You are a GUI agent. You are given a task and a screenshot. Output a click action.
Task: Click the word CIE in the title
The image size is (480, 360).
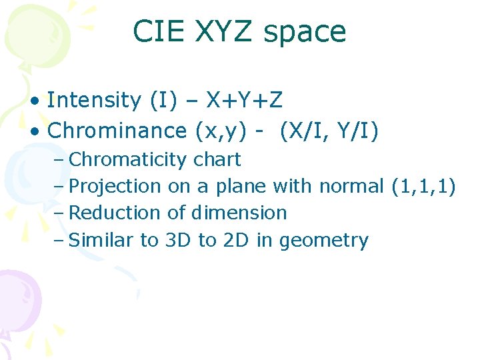pos(156,31)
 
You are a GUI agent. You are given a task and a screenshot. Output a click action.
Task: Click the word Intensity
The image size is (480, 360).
pos(93,101)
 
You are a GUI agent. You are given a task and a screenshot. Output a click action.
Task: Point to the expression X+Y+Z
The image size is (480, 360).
pos(244,101)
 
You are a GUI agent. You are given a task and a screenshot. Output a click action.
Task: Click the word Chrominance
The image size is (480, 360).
pos(117,131)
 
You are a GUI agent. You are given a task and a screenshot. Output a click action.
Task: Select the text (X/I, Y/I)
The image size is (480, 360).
pos(330,131)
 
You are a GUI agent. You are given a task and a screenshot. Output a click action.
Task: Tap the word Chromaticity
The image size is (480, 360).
pos(128,160)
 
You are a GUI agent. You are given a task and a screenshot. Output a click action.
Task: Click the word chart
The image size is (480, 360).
pos(217,160)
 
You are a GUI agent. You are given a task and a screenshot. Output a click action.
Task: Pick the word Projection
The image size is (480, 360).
pos(115,187)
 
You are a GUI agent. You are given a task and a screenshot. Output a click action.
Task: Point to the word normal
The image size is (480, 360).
pos(351,187)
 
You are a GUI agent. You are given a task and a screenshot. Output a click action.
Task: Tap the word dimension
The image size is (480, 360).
pos(239,213)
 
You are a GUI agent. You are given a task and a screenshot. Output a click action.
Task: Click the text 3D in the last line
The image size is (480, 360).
pos(177,240)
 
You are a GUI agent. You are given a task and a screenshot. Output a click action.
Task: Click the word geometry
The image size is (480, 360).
pos(323,241)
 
